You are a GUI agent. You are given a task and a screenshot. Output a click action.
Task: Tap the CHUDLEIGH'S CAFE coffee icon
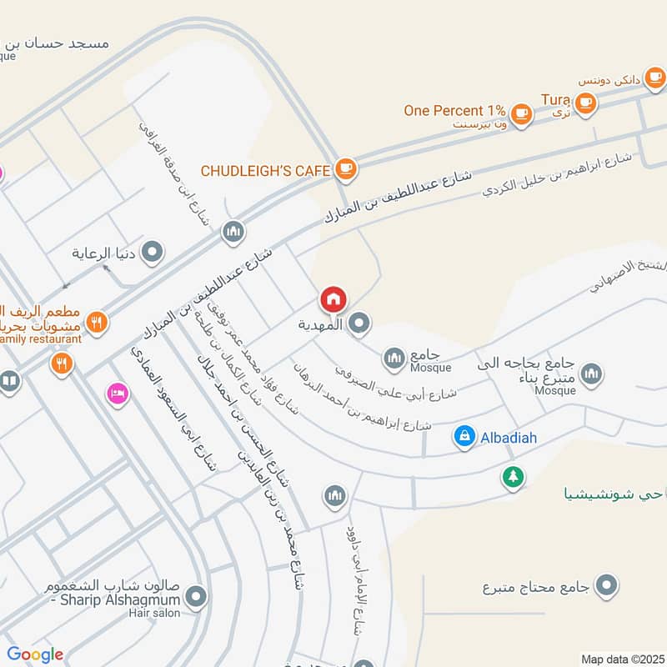pyautogui.click(x=344, y=169)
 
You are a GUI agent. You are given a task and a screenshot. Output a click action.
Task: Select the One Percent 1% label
pyautogui.click(x=454, y=110)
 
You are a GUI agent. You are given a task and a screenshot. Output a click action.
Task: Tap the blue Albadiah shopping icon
pyautogui.click(x=464, y=435)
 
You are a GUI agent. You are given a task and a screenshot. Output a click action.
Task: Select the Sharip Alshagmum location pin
pyautogui.click(x=197, y=596)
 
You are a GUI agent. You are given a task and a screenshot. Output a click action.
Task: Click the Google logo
pyautogui.click(x=35, y=654)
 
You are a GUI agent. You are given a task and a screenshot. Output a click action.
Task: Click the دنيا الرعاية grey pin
pyautogui.click(x=153, y=252)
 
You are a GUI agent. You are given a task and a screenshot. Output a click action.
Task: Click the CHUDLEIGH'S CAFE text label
pyautogui.click(x=266, y=171)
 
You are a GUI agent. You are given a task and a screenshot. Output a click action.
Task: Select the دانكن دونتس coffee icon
pyautogui.click(x=654, y=78)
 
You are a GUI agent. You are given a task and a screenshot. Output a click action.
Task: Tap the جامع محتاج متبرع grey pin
pyautogui.click(x=608, y=586)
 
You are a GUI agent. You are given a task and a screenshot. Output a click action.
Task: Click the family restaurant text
pyautogui.click(x=41, y=339)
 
